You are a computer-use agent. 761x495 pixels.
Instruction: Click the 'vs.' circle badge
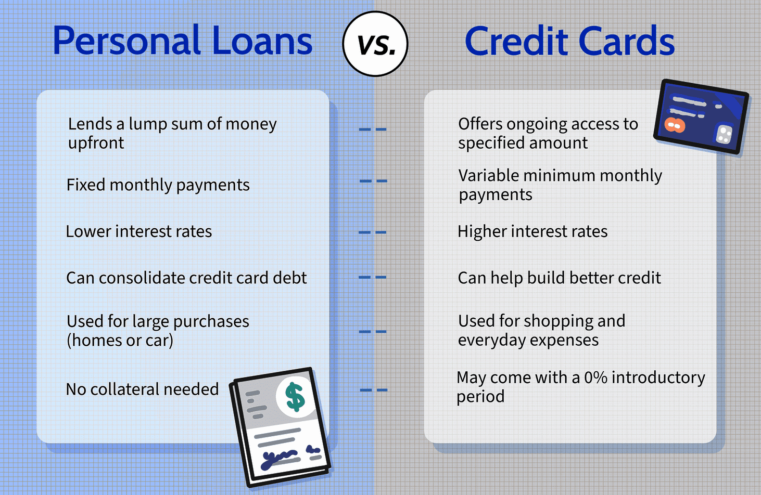tap(375, 44)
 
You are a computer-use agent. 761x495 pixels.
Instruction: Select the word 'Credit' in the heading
tap(516, 41)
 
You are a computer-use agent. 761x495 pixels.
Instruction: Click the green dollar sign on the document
tap(295, 397)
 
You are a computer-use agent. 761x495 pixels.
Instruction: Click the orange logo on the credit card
tap(675, 126)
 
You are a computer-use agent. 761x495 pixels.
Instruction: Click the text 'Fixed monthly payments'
tap(158, 185)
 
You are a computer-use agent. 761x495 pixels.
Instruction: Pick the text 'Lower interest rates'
tap(138, 231)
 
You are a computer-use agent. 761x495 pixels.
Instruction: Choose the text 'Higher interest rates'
tap(532, 231)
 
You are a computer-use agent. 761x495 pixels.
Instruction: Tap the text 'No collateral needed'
tap(142, 389)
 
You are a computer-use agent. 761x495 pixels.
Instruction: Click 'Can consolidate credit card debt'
tap(186, 278)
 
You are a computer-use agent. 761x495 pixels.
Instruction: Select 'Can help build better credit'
tap(559, 278)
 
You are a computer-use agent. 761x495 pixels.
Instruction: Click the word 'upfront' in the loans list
tap(96, 143)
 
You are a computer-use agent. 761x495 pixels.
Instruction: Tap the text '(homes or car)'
tap(120, 340)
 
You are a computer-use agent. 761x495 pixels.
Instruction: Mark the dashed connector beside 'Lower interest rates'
tap(372, 232)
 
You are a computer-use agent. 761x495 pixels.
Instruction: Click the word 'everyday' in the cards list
tap(489, 340)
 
